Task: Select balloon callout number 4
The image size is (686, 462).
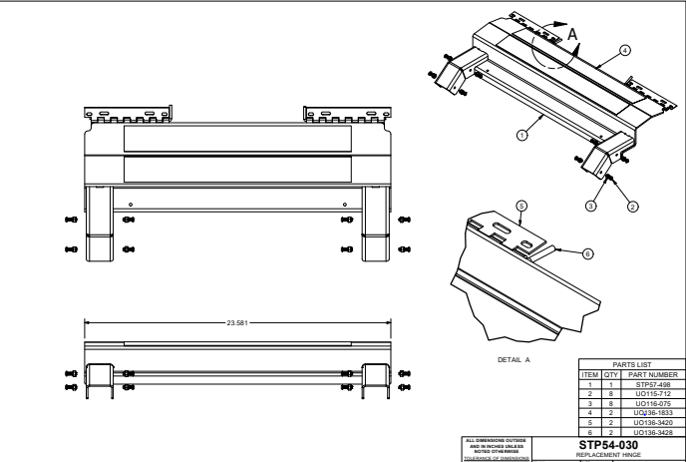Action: tap(624, 48)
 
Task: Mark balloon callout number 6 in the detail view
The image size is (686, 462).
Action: tap(587, 253)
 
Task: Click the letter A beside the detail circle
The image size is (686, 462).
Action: tap(572, 33)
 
